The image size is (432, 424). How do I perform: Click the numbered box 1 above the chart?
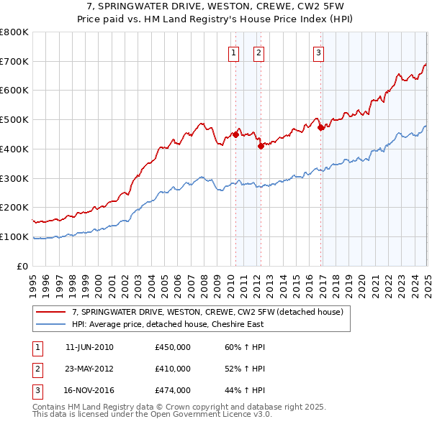pos(234,51)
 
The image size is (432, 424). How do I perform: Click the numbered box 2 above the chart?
pos(258,51)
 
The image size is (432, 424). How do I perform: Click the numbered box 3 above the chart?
pos(318,51)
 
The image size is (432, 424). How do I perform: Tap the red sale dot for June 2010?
pos(235,134)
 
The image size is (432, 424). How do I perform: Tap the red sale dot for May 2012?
pos(261,146)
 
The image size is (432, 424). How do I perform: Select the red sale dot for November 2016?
pos(320,127)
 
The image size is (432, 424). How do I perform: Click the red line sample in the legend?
pos(50,312)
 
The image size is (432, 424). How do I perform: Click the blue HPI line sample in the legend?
pos(50,324)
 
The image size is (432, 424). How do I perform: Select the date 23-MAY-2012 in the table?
pos(89,369)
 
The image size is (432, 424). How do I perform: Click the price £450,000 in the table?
pos(173,347)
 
